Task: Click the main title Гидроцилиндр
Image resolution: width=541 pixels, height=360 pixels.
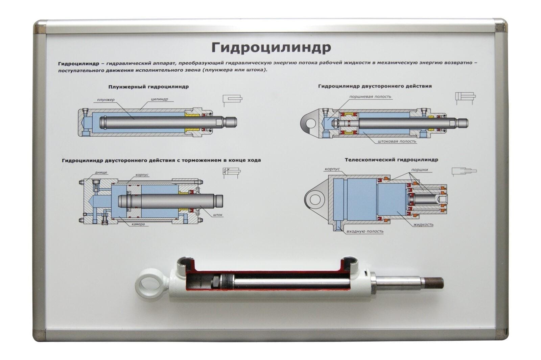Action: click(271, 48)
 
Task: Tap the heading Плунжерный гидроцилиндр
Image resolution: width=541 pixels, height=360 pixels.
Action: click(148, 87)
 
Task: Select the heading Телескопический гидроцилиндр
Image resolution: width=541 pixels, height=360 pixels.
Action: click(391, 160)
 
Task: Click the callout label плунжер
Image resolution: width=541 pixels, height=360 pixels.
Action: click(106, 100)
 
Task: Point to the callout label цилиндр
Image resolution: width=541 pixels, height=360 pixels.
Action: click(159, 99)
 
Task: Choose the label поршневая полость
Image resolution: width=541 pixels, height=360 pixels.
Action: click(370, 97)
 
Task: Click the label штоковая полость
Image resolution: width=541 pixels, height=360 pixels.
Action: click(397, 141)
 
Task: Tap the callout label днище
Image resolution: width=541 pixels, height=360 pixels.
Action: click(101, 172)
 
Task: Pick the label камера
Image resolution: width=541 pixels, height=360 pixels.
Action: click(138, 224)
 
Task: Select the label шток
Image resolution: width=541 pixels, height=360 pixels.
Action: click(218, 215)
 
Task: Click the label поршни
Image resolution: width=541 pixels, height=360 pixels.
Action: click(420, 170)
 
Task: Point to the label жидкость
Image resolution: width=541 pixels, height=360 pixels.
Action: click(423, 225)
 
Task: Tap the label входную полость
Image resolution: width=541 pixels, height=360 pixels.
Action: click(365, 232)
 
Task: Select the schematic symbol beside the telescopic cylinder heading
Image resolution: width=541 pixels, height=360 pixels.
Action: click(464, 171)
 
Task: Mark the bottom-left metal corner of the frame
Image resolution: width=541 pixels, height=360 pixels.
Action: click(39, 334)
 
